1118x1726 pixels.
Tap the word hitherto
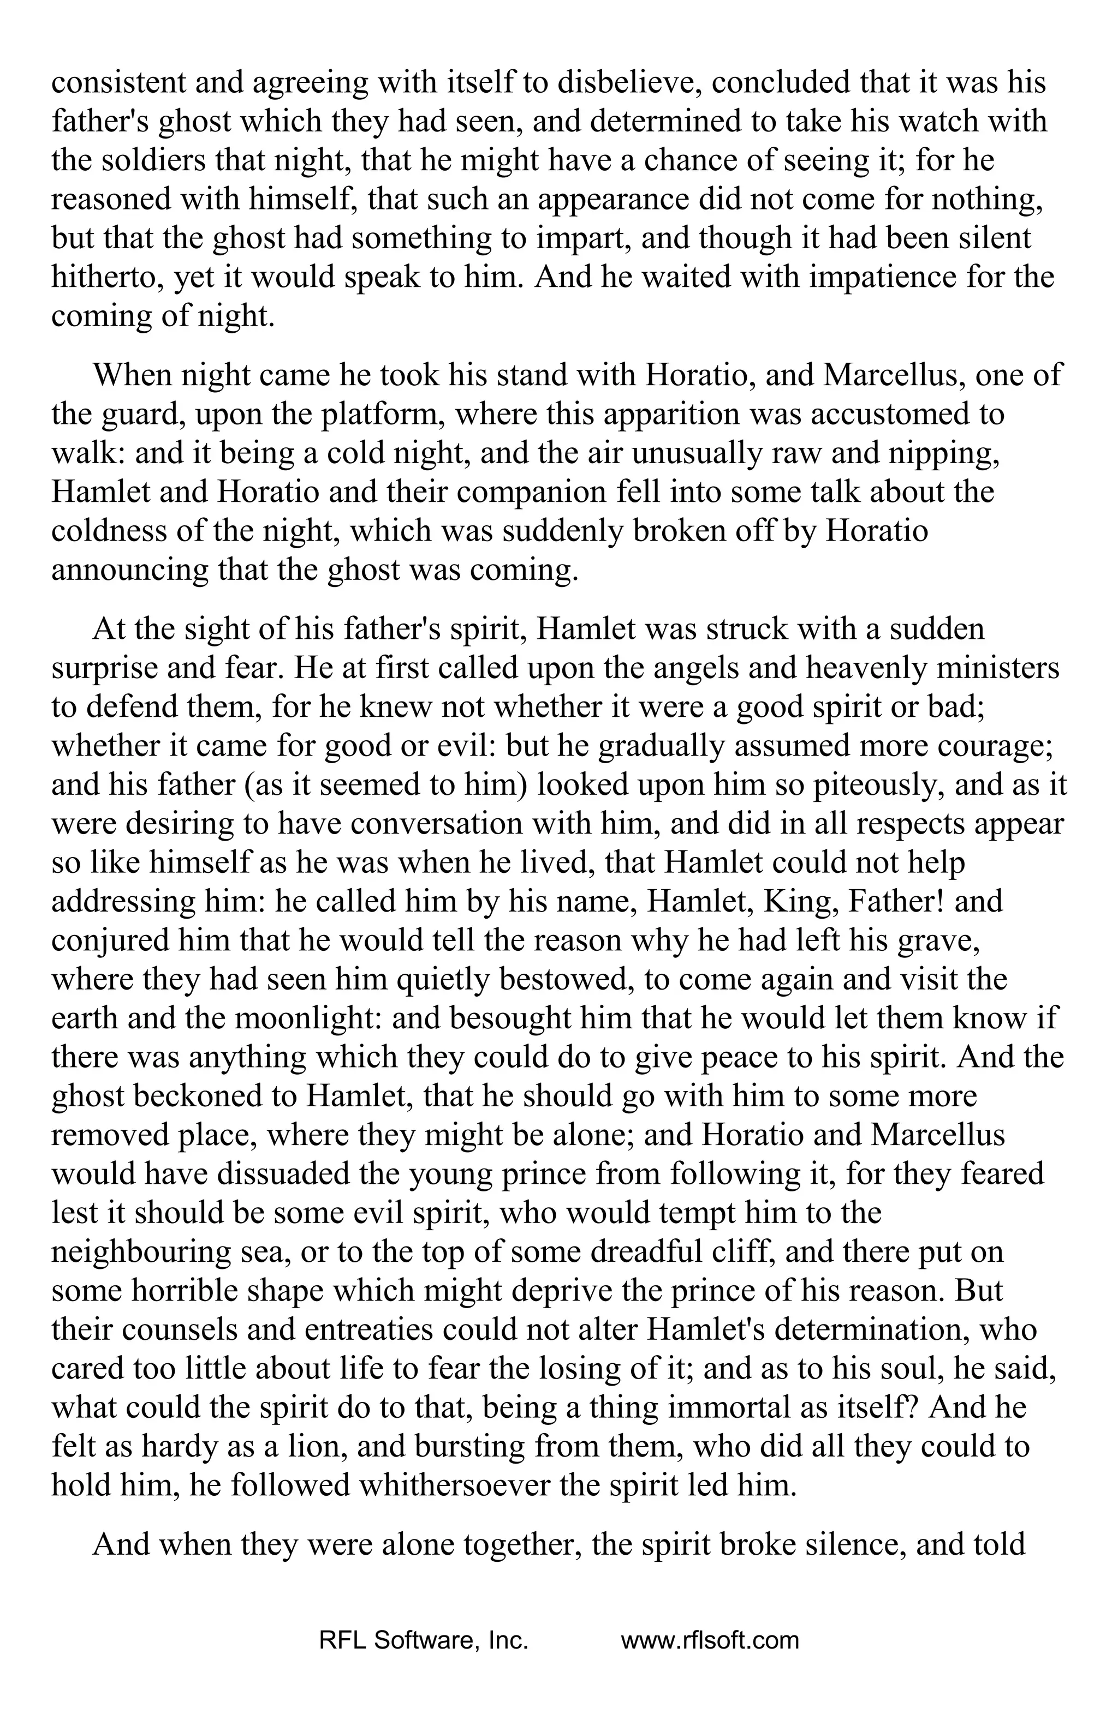point(106,277)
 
